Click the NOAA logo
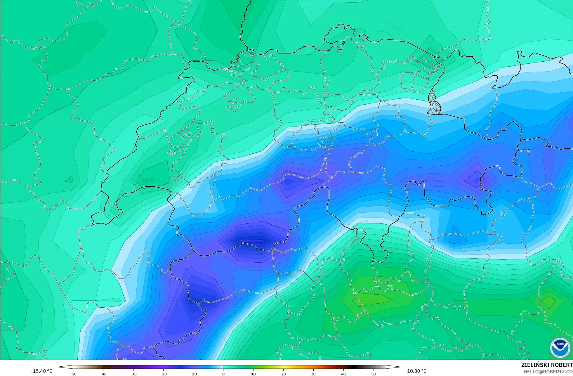(x=560, y=347)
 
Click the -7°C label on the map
(x=525, y=151)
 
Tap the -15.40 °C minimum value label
(x=41, y=371)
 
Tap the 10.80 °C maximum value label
(x=417, y=371)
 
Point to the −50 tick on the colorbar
(x=73, y=374)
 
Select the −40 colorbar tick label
(x=103, y=374)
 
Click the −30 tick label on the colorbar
(x=133, y=374)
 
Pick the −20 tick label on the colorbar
(x=163, y=374)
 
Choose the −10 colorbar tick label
(x=193, y=374)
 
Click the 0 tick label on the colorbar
(x=223, y=374)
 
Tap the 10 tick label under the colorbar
(x=253, y=374)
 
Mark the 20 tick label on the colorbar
(x=283, y=374)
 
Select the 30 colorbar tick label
(x=313, y=374)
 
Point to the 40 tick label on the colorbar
(x=343, y=374)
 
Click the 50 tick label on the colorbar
(x=374, y=374)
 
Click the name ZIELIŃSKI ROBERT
(x=547, y=365)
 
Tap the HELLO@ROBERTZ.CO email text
(x=548, y=372)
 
